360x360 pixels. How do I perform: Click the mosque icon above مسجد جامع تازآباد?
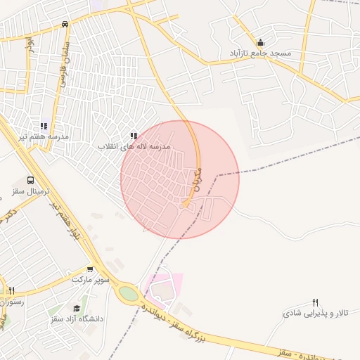pyautogui.click(x=261, y=43)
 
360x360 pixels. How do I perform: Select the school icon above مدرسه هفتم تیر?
pyautogui.click(x=44, y=127)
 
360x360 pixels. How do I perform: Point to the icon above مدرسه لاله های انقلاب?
pyautogui.click(x=134, y=136)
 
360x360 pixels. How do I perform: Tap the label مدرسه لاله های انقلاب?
pyautogui.click(x=134, y=146)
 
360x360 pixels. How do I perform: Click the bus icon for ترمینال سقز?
pyautogui.click(x=30, y=181)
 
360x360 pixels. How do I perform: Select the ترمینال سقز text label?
pyautogui.click(x=27, y=191)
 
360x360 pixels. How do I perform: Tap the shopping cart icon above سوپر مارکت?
pyautogui.click(x=90, y=269)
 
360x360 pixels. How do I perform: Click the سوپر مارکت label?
pyautogui.click(x=91, y=279)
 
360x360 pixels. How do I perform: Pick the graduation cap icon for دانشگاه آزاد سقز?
pyautogui.click(x=77, y=308)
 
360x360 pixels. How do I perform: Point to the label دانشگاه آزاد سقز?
pyautogui.click(x=77, y=319)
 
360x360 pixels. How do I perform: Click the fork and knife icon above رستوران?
pyautogui.click(x=12, y=290)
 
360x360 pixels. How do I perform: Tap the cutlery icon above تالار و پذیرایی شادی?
pyautogui.click(x=316, y=302)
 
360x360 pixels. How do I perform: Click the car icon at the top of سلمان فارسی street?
pyautogui.click(x=65, y=24)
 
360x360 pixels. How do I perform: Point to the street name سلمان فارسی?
pyautogui.click(x=64, y=67)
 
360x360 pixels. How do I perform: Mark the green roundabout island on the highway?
pyautogui.click(x=128, y=293)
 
